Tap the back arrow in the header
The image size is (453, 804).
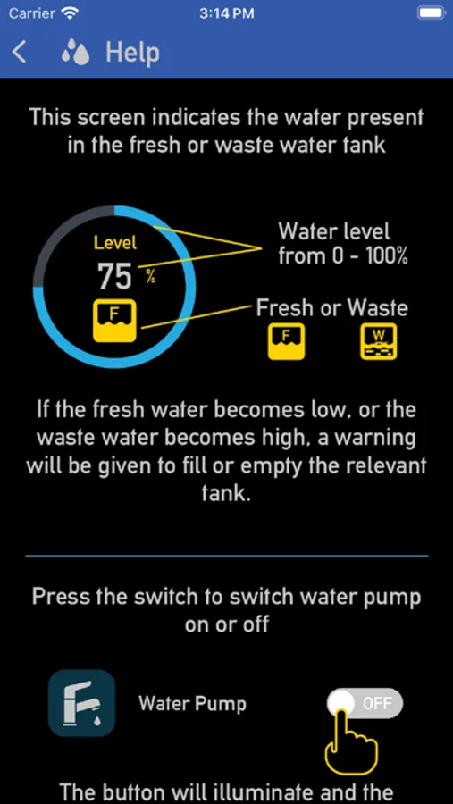click(19, 53)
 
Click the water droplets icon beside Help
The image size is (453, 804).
click(75, 53)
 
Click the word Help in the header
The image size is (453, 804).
click(132, 53)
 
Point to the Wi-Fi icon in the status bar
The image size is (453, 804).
click(70, 13)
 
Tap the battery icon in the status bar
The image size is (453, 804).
click(432, 13)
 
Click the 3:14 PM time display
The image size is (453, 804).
click(226, 13)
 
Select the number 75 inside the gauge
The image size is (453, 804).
click(115, 277)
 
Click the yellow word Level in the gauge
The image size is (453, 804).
click(115, 242)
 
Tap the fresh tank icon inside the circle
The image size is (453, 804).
click(114, 321)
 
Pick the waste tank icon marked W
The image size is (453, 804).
click(379, 341)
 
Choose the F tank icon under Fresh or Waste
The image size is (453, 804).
click(287, 341)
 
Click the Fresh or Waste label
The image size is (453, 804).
click(331, 308)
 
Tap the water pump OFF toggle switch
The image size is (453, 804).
click(365, 703)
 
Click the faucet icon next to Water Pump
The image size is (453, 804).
click(81, 703)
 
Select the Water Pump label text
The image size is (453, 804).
click(192, 704)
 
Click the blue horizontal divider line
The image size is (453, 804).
click(226, 556)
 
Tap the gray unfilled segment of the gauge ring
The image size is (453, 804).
click(58, 230)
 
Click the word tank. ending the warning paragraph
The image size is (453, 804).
click(226, 495)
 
